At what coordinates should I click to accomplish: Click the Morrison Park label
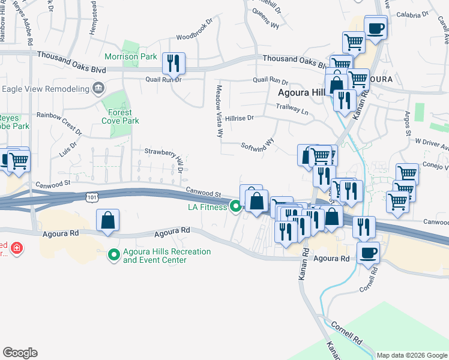130,57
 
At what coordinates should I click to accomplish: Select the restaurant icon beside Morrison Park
173,62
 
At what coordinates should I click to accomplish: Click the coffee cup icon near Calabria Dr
375,27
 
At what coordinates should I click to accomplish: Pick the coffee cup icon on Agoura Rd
368,253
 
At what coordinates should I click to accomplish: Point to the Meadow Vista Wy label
219,111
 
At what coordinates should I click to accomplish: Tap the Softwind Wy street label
258,145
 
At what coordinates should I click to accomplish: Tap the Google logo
20,353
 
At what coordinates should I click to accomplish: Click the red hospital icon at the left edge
17,247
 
